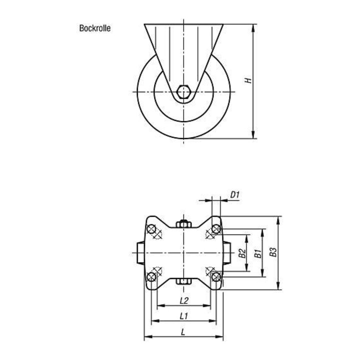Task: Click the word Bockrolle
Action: [x=95, y=28]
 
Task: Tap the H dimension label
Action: [x=248, y=80]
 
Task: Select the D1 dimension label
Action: [x=235, y=195]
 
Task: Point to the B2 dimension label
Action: [x=242, y=253]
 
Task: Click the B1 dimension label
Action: [x=258, y=253]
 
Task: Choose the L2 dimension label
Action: [x=184, y=300]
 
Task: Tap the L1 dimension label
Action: [x=183, y=316]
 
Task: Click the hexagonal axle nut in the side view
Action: [x=183, y=91]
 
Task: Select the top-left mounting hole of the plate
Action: [x=151, y=229]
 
